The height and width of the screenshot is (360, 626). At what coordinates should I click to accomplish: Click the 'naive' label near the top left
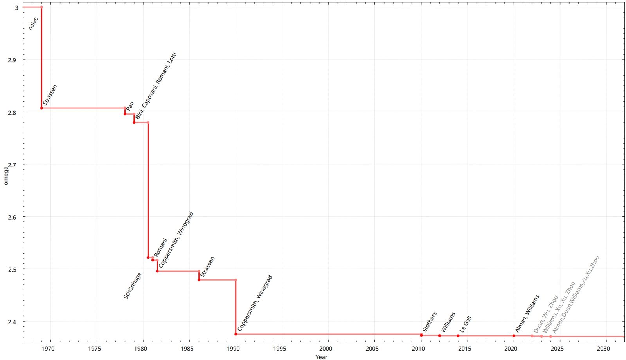coord(33,23)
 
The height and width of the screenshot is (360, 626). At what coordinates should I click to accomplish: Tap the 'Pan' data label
coord(130,106)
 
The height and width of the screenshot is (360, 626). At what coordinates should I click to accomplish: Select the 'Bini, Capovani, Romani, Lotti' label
coord(156,86)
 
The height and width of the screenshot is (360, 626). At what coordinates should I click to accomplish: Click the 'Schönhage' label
coord(133,286)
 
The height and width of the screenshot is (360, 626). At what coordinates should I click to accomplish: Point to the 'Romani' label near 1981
coord(160,248)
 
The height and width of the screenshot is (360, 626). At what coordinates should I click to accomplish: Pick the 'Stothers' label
coord(430,322)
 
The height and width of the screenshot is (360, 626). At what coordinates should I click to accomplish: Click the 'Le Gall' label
coord(466,324)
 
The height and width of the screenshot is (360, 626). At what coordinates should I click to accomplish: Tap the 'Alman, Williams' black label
coord(527,314)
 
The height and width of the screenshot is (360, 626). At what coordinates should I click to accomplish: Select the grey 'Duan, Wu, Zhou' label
coord(546,315)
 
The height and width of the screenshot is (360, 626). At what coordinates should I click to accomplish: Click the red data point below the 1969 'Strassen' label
coord(41,108)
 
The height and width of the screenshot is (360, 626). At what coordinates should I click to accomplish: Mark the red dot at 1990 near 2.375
coord(236,334)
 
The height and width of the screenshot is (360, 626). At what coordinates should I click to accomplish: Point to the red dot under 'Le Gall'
coord(458,336)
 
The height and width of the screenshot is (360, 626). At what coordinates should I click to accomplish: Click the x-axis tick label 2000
coord(326,349)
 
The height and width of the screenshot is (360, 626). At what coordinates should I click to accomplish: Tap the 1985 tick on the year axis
coord(189,349)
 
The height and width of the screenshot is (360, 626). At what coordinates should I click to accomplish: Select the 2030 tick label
coord(603,349)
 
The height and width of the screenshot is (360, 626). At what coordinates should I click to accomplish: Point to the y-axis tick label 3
coord(16,8)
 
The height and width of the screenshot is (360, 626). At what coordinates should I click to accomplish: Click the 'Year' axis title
coord(321,357)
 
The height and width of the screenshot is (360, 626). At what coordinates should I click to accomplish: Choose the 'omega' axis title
coord(5,176)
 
